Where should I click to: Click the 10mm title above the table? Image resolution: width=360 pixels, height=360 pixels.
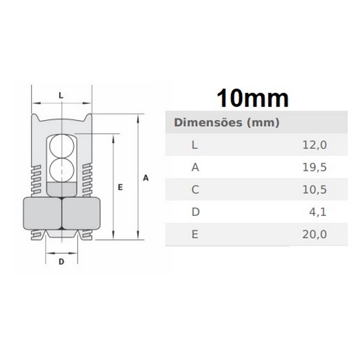pos(252,98)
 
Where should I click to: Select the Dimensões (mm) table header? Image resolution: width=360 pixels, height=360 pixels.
pos(227,122)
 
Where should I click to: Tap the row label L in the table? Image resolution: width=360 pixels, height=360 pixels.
pos(194,145)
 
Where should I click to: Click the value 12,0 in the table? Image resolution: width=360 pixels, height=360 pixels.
pos(314,145)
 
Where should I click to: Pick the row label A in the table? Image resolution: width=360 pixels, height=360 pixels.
pos(195,167)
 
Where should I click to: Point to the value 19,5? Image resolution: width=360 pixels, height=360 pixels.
pos(314,167)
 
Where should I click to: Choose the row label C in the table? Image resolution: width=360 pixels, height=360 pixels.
pos(195,189)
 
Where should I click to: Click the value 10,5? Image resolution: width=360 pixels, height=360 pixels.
pos(314,189)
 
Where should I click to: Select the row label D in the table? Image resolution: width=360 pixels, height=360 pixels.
pos(195,212)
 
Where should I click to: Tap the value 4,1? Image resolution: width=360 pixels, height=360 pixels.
pos(318,212)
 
